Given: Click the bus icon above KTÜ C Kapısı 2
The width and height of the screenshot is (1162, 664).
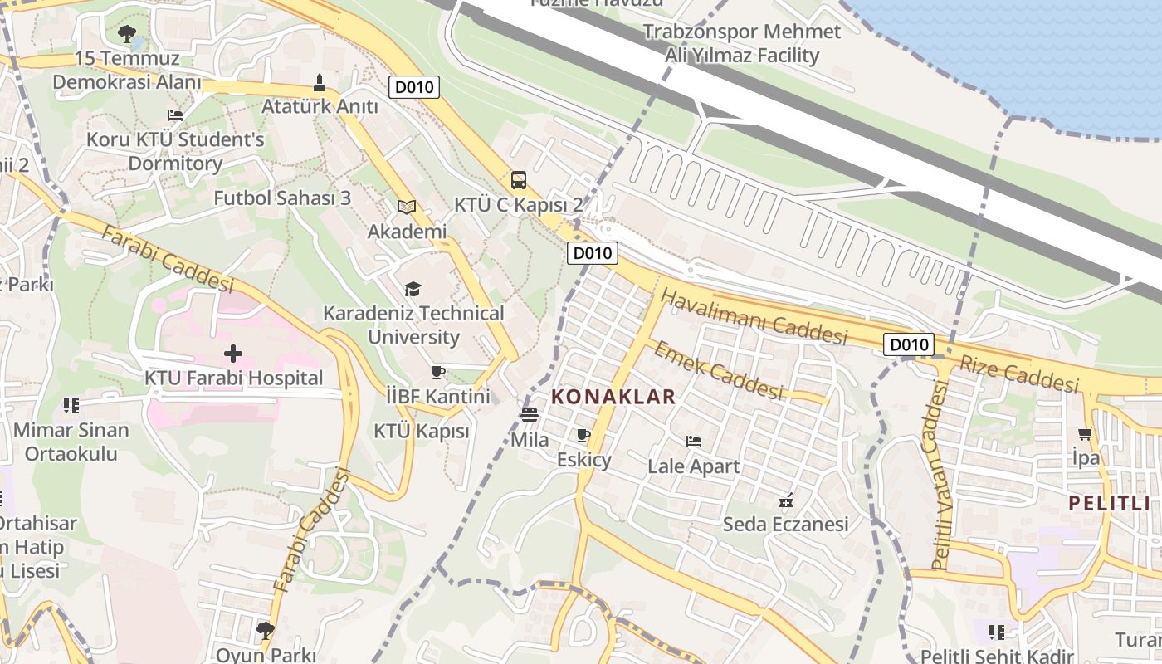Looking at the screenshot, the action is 519,179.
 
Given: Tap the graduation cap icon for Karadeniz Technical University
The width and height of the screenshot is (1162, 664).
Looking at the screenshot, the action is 413,289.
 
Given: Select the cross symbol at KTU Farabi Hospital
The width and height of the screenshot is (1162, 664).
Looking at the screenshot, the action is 233,354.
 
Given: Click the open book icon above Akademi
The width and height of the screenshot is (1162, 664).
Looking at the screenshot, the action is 406,207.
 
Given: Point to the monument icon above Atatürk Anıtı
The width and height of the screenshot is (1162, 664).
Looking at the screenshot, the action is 320,82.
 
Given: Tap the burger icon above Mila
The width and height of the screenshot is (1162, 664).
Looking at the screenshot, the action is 530,414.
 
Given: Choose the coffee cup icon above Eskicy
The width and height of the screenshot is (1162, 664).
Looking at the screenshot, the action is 583,435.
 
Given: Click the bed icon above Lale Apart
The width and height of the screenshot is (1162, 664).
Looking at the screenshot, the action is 694,441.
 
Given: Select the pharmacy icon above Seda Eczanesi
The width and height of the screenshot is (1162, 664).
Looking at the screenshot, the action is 785,500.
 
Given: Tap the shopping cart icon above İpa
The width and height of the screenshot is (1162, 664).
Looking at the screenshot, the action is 1085,433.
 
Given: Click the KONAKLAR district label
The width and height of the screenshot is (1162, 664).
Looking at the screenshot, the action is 613,397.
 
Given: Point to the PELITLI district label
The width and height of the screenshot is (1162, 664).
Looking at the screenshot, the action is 1114,502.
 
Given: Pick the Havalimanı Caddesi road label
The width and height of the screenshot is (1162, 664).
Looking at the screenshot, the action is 754,316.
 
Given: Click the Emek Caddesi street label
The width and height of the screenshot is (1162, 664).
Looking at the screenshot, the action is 719,369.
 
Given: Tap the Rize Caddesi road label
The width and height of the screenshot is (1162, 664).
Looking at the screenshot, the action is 1018,373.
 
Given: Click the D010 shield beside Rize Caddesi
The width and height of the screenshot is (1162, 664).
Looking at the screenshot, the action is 909,344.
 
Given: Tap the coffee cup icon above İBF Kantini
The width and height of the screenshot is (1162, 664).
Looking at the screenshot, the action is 438,372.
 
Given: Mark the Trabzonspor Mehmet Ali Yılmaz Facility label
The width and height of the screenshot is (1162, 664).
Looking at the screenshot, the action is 742,44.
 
